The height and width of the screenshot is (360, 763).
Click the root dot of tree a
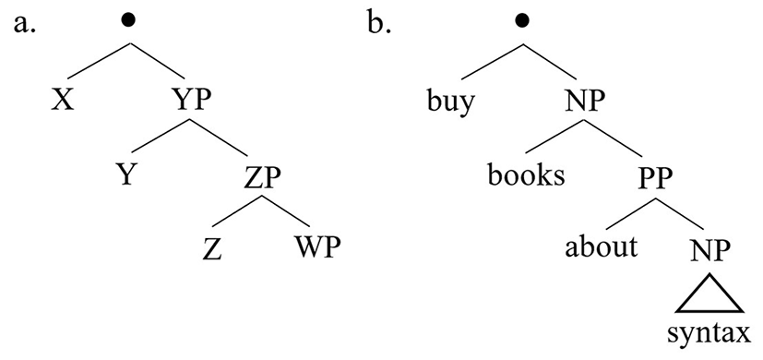128,20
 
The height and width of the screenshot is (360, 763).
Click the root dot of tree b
522,20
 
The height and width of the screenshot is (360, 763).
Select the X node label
63,102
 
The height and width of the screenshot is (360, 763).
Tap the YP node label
192,102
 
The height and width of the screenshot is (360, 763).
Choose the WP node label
316,248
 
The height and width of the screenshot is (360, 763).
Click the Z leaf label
212,248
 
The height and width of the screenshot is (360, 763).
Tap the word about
601,247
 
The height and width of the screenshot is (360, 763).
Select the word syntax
709,336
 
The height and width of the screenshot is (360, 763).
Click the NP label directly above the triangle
710,248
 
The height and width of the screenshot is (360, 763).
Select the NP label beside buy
585,102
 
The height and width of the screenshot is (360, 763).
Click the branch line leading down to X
99,61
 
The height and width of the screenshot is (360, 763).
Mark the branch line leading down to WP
286,211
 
